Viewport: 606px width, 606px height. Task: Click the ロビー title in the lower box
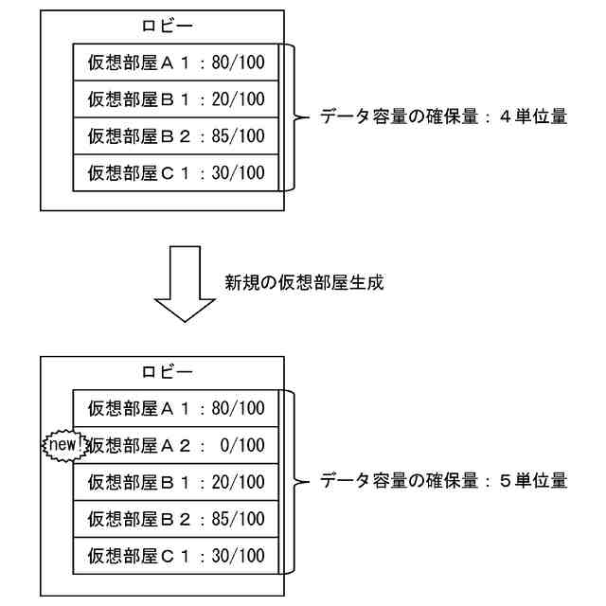pos(162,372)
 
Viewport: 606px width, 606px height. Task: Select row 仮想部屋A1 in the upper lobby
pos(176,63)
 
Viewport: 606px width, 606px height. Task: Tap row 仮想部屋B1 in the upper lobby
pos(176,99)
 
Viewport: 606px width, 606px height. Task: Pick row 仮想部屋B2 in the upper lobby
pos(176,136)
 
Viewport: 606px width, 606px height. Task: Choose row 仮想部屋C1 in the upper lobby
pos(176,172)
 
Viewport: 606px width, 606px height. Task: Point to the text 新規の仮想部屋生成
pos(303,283)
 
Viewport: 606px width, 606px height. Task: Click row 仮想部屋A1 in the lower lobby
pos(176,409)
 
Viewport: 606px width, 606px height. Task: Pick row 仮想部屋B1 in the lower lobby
pos(176,482)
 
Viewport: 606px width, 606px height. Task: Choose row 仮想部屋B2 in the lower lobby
pos(176,519)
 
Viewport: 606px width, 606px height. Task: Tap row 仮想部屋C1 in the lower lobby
pos(176,555)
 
